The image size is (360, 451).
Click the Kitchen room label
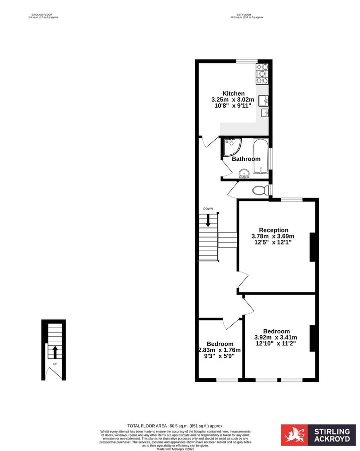point(233,93)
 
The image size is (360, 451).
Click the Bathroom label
point(246,159)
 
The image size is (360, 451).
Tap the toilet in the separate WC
point(260,190)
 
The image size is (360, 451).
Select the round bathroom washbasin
point(244,174)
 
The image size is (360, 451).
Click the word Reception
point(273,230)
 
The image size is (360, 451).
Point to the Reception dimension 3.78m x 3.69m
point(273,236)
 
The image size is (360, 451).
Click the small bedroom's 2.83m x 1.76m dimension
point(219,350)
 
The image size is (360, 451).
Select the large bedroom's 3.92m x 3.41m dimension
point(276,337)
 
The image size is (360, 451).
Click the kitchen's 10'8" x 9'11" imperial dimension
point(233,106)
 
